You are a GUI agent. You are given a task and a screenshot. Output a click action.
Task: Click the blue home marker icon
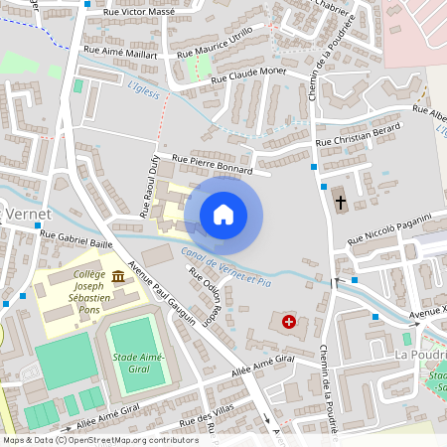point(223,214)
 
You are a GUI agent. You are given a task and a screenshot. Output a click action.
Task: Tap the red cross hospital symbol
point(288,322)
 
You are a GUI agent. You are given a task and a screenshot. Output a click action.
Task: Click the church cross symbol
point(340,203)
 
